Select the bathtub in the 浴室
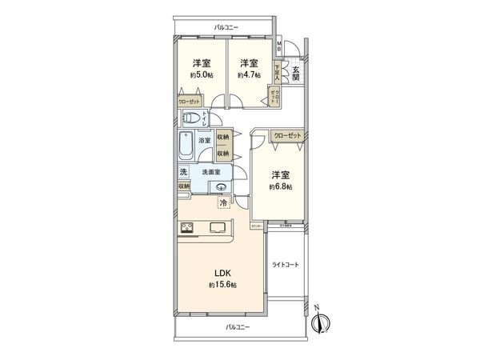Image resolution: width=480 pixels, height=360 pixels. pos(186,147)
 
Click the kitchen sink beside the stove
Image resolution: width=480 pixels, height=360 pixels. pos(218,227)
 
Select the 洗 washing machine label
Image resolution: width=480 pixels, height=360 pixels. pos(183,174)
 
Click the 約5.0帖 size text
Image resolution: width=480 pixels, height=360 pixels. pos(200,75)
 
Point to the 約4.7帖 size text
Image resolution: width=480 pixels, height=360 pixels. pos(247,75)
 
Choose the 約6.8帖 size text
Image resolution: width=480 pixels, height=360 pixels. pos(282,186)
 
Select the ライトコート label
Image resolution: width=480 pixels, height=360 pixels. pos(285,266)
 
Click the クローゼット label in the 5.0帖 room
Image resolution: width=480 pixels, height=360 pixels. pos(190,102)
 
